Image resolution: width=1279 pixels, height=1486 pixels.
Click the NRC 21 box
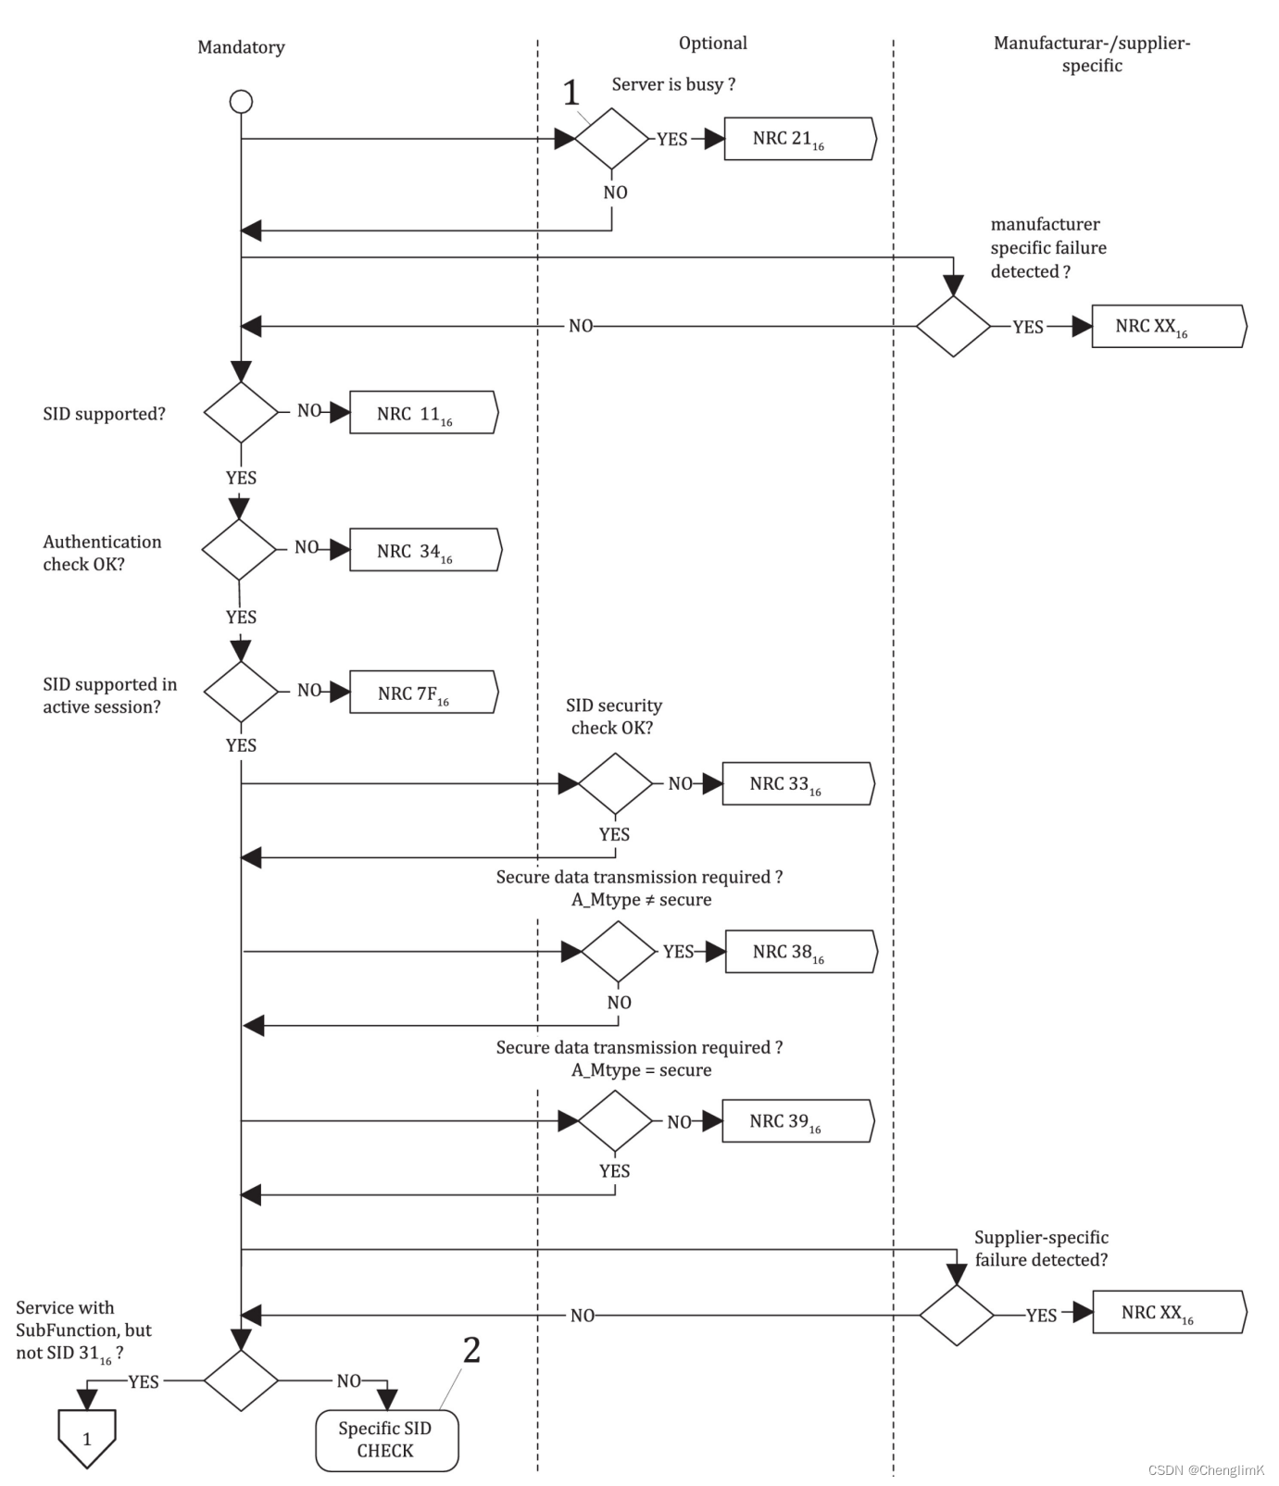pyautogui.click(x=799, y=139)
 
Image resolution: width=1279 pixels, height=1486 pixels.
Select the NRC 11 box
pyautogui.click(x=424, y=412)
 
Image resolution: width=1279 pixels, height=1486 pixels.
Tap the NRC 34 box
pyautogui.click(x=425, y=550)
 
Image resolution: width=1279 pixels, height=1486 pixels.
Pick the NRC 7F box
pyautogui.click(x=424, y=692)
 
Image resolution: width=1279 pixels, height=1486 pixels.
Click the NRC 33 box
pyautogui.click(x=797, y=783)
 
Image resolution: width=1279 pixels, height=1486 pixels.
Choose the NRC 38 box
pyautogui.click(x=801, y=952)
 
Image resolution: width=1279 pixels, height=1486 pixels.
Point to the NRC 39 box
pyautogui.click(x=797, y=1121)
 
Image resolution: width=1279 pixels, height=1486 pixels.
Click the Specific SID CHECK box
pyautogui.click(x=387, y=1440)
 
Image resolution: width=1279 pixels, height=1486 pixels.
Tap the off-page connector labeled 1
pyautogui.click(x=87, y=1439)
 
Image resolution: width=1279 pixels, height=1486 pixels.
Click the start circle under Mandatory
pyautogui.click(x=241, y=101)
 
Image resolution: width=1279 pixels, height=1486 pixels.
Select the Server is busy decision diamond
pyautogui.click(x=612, y=139)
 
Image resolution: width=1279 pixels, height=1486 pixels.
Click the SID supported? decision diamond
pyautogui.click(x=241, y=412)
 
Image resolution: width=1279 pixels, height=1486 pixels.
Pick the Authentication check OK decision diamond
pyautogui.click(x=239, y=549)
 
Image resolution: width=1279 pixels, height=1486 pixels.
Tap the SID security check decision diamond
pyautogui.click(x=616, y=783)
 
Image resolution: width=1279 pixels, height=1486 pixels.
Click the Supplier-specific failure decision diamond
pyautogui.click(x=957, y=1315)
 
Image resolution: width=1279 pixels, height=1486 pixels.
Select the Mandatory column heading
pyautogui.click(x=241, y=47)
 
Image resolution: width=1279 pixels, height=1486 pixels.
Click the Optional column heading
pyautogui.click(x=713, y=44)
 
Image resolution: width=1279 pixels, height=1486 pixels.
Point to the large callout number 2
pyautogui.click(x=471, y=1350)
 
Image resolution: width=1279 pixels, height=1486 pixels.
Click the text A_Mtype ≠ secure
pyautogui.click(x=642, y=900)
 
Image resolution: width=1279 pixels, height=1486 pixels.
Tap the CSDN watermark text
pyautogui.click(x=1206, y=1470)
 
